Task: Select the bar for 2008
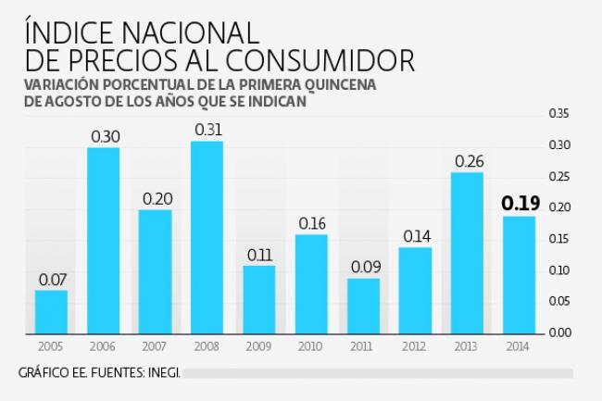(207, 237)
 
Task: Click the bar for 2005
(52, 311)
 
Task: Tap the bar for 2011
(363, 306)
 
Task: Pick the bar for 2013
(467, 252)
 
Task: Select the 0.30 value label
(104, 136)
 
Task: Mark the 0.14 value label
(415, 235)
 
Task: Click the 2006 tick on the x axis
(104, 347)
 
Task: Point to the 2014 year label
(519, 347)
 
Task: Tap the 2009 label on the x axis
(259, 347)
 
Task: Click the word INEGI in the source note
(163, 373)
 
